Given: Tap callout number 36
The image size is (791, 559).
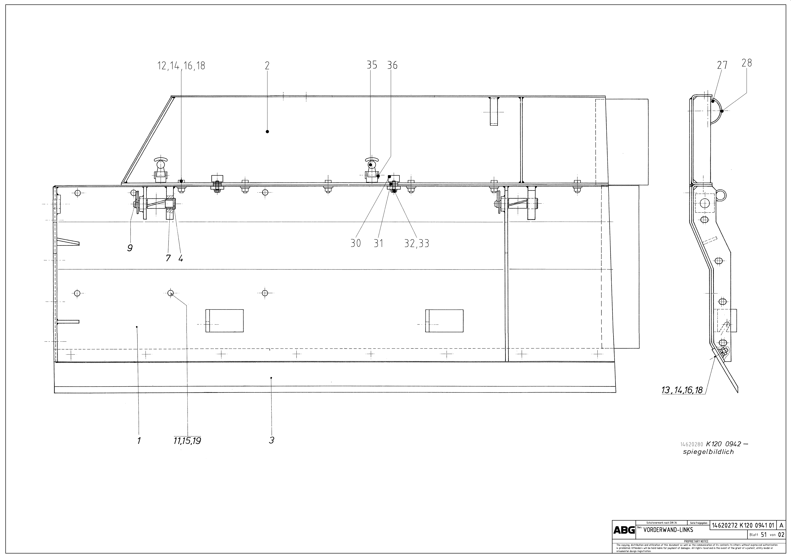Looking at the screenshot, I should click(392, 65).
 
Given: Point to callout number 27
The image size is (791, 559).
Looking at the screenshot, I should click(722, 65).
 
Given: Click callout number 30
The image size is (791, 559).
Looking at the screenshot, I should click(356, 243).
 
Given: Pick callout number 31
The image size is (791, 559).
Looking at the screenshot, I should click(378, 243).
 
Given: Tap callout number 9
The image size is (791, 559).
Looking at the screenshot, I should click(130, 248).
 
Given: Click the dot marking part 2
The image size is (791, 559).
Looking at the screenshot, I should click(267, 132).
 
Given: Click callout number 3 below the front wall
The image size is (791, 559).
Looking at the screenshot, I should click(271, 440).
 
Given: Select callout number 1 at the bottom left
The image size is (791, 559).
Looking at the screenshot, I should click(139, 440).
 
